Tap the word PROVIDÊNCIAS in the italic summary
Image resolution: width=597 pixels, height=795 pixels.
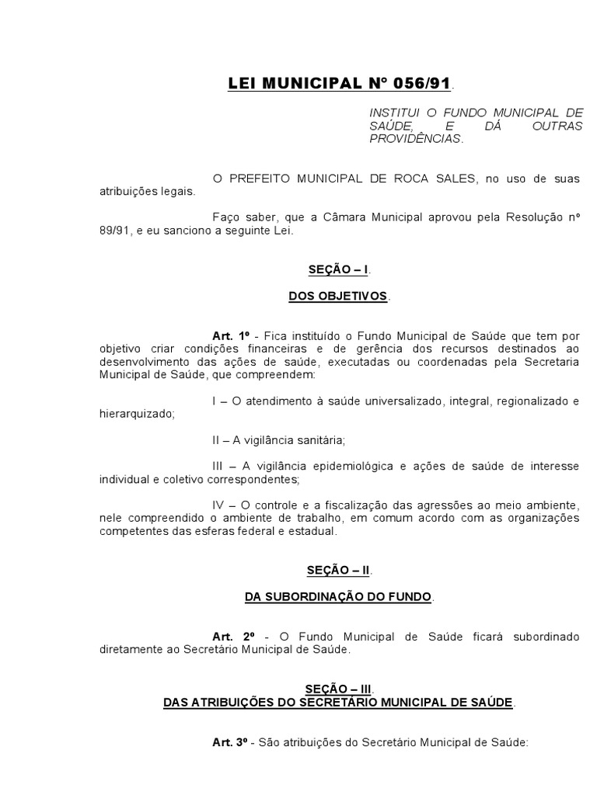(x=415, y=139)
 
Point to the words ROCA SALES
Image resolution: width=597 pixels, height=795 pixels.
(x=437, y=179)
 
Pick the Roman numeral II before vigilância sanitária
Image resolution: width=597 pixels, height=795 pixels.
(x=217, y=439)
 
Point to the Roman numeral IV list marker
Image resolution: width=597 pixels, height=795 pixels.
(x=218, y=505)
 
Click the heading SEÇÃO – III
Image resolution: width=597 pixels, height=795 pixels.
(x=338, y=689)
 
